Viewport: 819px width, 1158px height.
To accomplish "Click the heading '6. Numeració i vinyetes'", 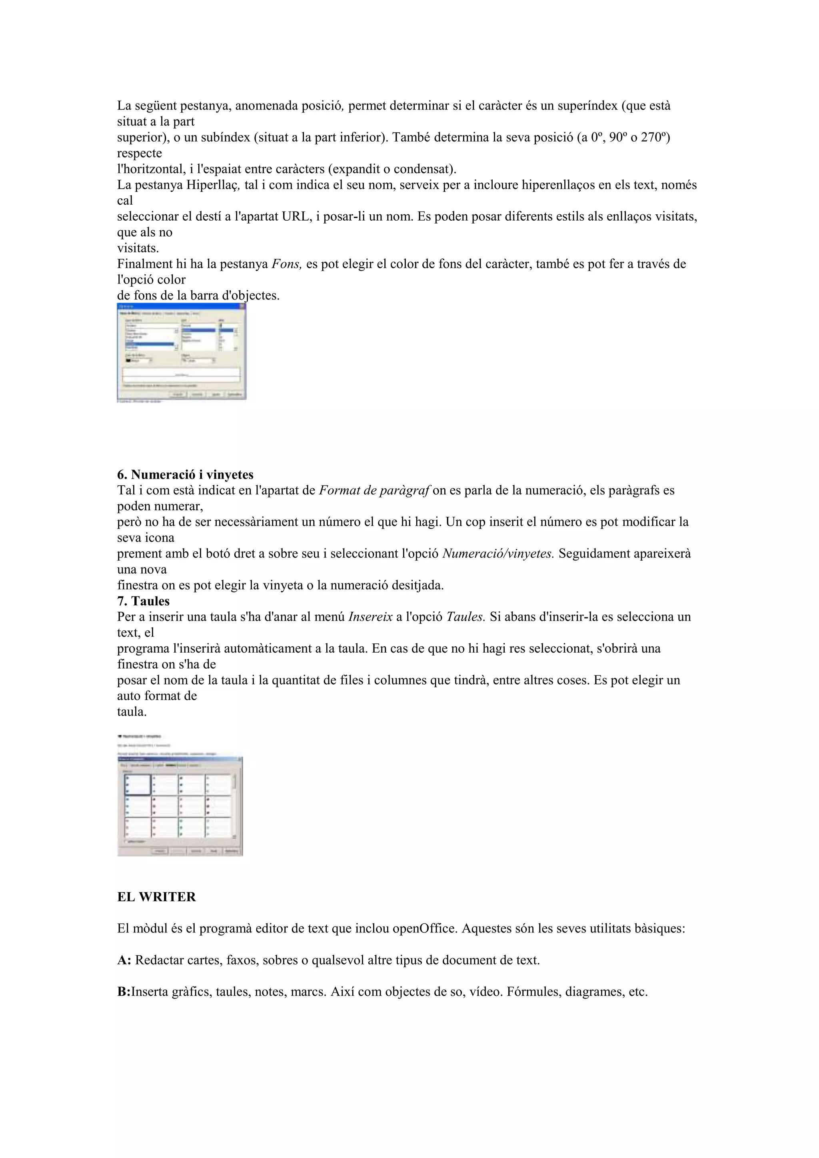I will (185, 475).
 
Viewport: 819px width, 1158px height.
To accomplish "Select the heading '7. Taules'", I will (143, 601).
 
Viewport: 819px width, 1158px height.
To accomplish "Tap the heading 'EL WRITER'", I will (156, 897).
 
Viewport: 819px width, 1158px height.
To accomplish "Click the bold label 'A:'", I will (124, 960).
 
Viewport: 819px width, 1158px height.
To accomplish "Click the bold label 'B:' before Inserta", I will (124, 992).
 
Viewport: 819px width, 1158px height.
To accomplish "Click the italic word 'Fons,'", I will (286, 264).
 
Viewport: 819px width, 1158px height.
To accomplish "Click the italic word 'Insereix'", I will (370, 617).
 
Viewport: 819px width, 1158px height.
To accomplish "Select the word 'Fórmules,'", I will (533, 992).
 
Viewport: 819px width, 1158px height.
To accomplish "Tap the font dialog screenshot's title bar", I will (181, 306).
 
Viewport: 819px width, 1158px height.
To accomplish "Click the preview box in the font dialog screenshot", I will (181, 375).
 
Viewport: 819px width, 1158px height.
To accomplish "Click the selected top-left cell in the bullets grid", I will (137, 784).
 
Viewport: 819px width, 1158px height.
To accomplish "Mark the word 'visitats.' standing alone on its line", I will (138, 248).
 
